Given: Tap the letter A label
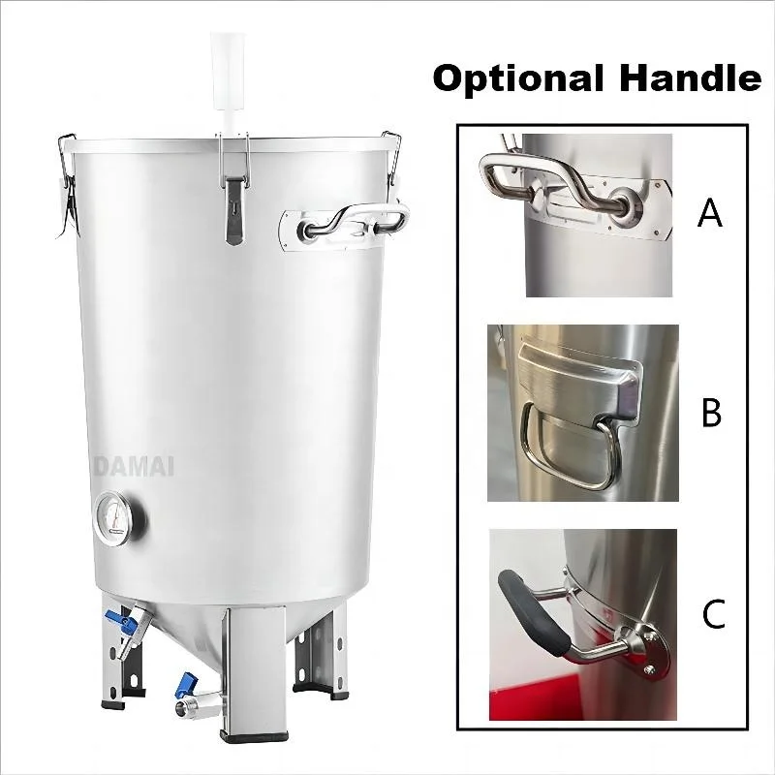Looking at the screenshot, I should pyautogui.click(x=710, y=212).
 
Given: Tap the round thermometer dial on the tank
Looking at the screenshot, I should pyautogui.click(x=119, y=514).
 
